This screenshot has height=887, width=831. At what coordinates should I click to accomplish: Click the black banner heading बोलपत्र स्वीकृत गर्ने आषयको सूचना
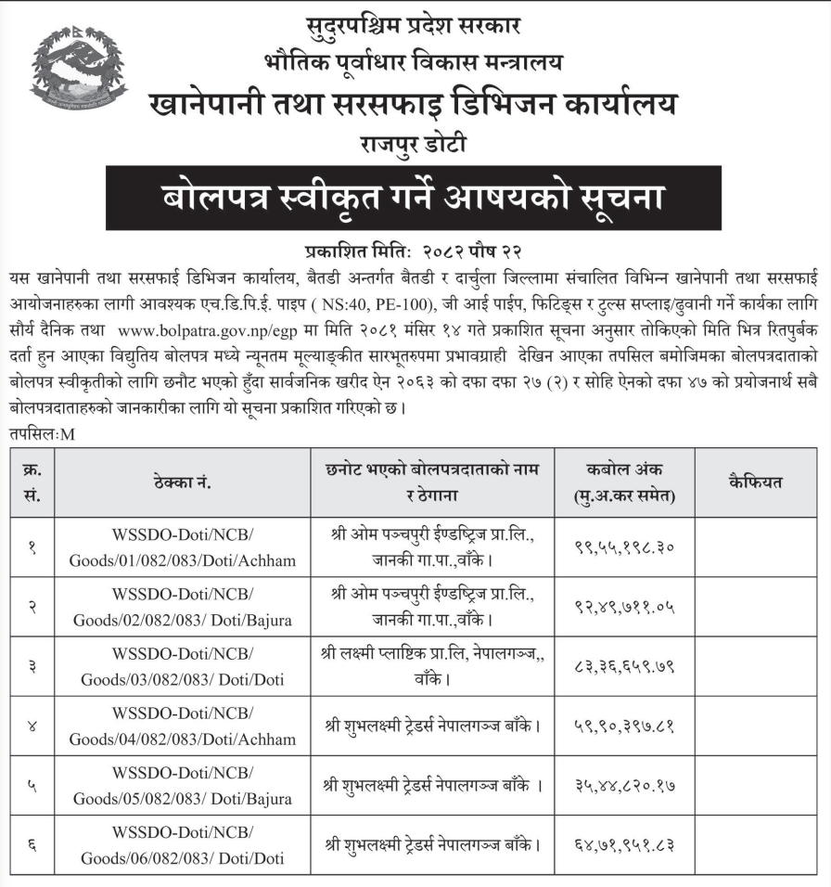[x=413, y=198]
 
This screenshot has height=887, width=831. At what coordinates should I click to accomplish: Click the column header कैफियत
[x=756, y=482]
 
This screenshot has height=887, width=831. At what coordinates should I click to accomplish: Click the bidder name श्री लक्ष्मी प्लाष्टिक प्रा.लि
[x=413, y=656]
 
